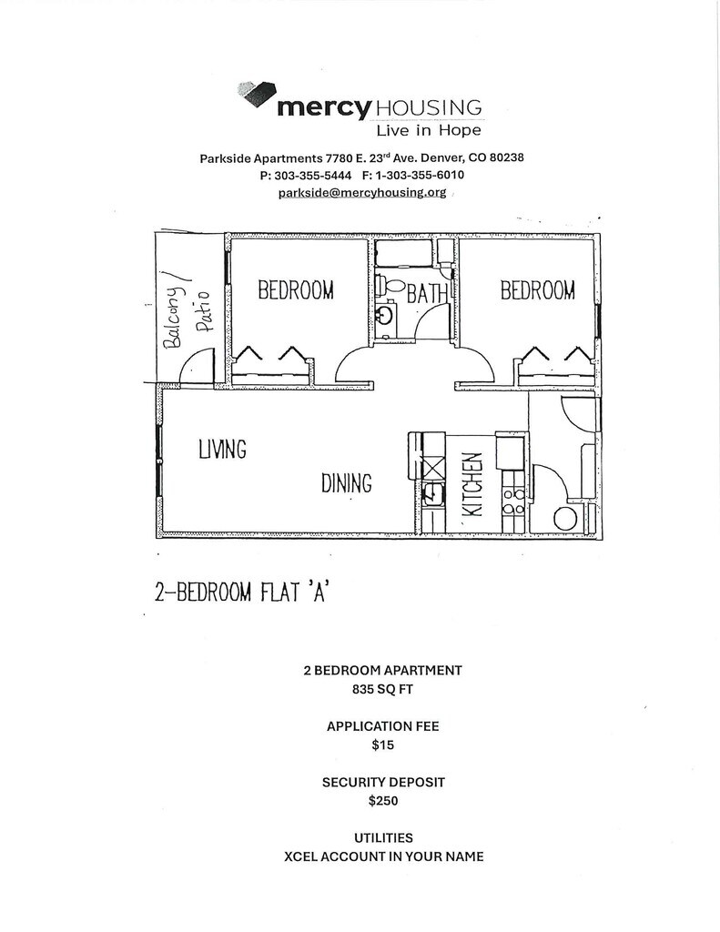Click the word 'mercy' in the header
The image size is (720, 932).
pos(324,107)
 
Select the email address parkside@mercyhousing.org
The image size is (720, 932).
pos(361,193)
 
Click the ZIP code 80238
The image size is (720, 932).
pos(504,157)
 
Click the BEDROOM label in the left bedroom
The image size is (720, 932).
pos(296,290)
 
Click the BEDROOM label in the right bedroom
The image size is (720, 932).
pos(537,290)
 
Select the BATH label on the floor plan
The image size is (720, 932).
pos(428,294)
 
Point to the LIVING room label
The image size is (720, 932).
pos(222,449)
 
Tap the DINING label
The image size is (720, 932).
pos(346,482)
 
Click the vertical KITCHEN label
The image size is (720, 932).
pos(472,486)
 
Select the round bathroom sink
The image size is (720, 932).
pos(386,316)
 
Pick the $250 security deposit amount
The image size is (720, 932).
pos(382,802)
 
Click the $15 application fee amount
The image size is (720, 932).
pos(382,745)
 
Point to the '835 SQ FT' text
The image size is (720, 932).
pos(382,689)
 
